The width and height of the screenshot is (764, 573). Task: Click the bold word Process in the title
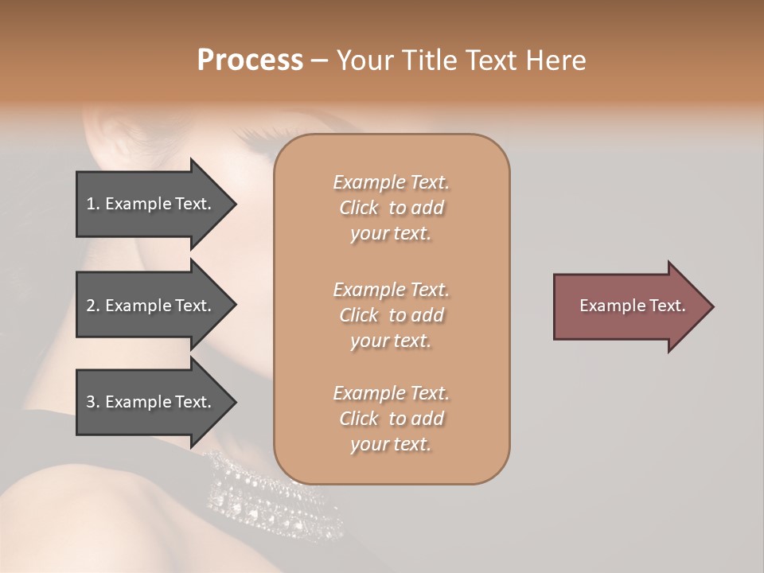[x=250, y=60]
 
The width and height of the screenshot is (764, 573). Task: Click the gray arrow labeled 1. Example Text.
[x=151, y=204]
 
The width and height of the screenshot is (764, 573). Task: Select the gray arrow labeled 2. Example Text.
[x=151, y=306]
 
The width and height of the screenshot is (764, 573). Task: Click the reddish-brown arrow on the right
[x=629, y=306]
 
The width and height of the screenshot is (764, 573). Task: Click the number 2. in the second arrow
[x=92, y=306]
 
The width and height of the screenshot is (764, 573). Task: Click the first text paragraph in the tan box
[x=391, y=208]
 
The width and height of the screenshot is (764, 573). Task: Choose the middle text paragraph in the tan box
[x=391, y=315]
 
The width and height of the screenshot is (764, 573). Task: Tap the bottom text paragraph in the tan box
[x=391, y=419]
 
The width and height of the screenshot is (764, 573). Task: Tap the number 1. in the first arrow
[x=92, y=204]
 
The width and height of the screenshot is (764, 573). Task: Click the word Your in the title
[x=364, y=60]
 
